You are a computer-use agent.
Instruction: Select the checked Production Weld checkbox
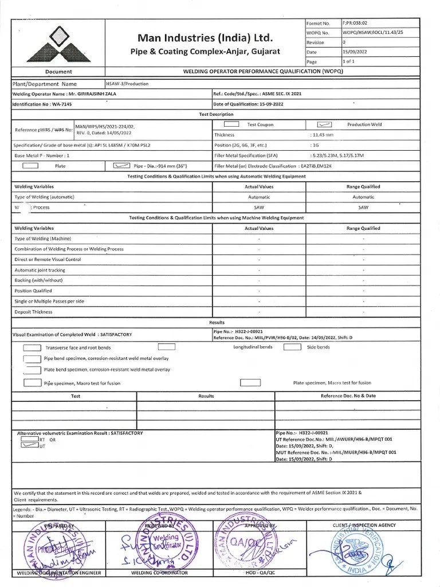(324, 124)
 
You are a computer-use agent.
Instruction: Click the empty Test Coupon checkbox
(231, 124)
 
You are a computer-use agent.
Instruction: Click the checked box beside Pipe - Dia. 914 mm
(122, 166)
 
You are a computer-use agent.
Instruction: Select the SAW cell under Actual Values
(259, 207)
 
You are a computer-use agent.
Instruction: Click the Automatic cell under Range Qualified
(363, 197)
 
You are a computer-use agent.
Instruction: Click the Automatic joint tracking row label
(40, 270)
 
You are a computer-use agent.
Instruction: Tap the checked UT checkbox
(30, 444)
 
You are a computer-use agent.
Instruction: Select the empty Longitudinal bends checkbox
(166, 347)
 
